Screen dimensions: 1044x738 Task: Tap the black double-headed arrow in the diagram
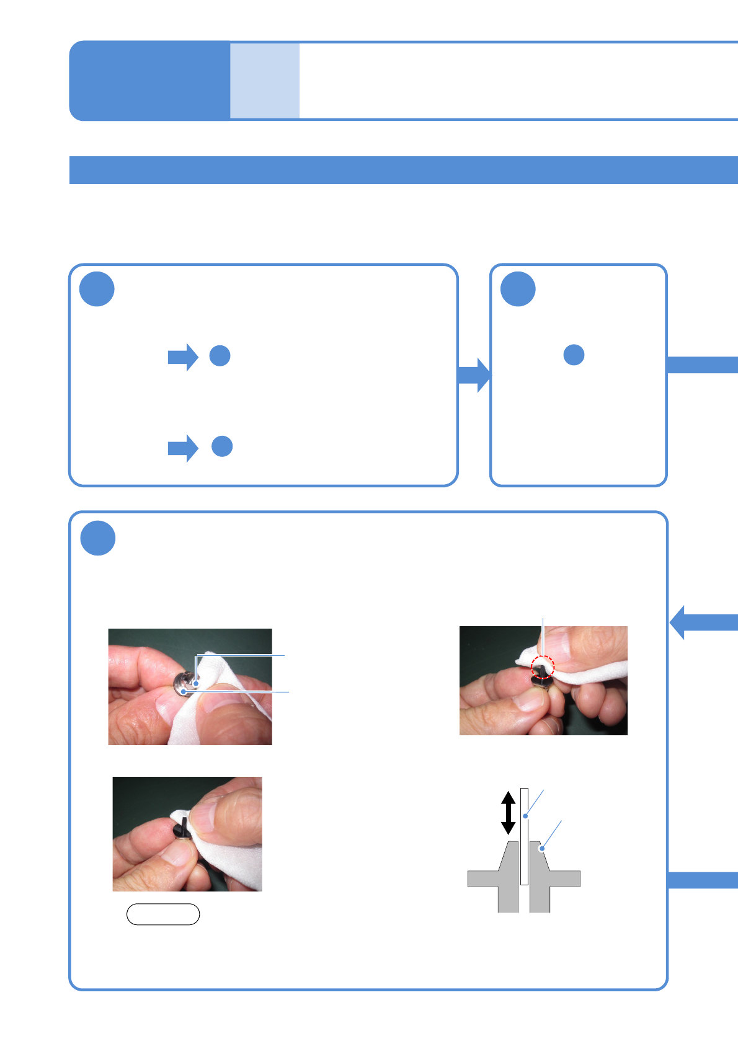point(508,812)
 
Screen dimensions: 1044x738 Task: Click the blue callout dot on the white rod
point(525,816)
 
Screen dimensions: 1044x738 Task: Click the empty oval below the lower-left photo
point(163,914)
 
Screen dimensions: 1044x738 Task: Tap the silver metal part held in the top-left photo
point(183,685)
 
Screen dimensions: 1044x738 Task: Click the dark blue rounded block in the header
point(149,81)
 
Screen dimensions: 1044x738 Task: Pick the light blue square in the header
point(265,81)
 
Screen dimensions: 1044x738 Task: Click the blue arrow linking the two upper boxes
point(474,374)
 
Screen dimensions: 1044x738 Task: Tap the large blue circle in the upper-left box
point(97,289)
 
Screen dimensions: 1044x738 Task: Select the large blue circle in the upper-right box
point(518,289)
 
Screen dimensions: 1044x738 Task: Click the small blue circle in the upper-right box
point(574,355)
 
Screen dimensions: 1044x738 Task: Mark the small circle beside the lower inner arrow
point(222,446)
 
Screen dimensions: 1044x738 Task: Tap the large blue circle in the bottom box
point(98,538)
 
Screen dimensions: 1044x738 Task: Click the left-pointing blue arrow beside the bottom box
point(703,622)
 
